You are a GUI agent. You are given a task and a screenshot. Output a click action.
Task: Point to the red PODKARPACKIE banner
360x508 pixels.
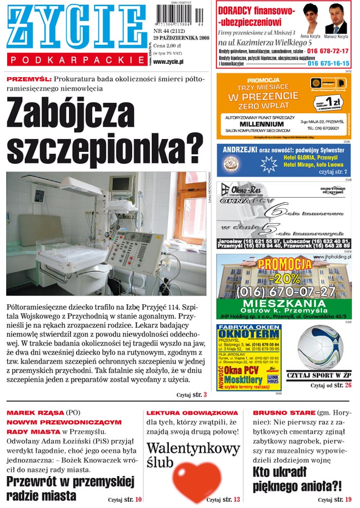pyautogui.click(x=77, y=60)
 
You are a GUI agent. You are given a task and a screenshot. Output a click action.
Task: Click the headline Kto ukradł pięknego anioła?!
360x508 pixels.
pyautogui.click(x=297, y=479)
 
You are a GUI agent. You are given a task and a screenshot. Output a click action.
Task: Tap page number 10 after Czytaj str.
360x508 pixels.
pyautogui.click(x=138, y=499)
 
